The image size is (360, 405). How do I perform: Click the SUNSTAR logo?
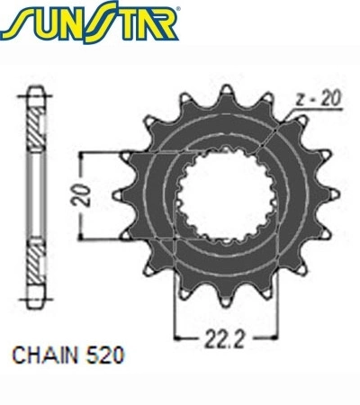89,22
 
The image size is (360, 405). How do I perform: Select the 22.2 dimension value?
224,339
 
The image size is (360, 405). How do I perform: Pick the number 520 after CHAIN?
104,355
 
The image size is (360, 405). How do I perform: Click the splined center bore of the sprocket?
226,195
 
